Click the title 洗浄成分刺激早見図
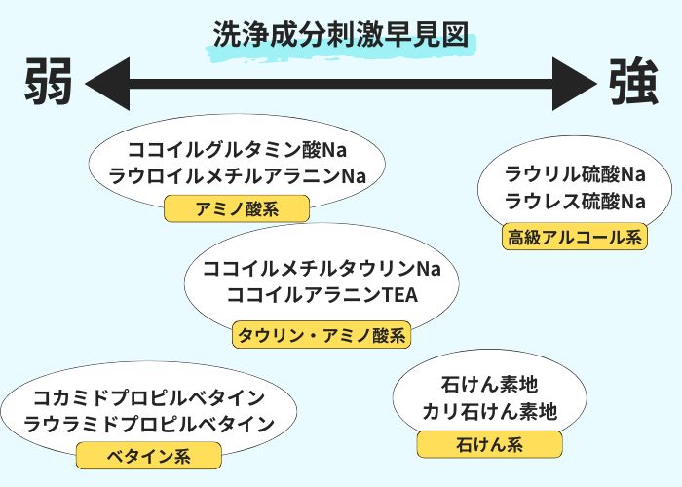(x=340, y=33)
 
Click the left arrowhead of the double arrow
(x=107, y=82)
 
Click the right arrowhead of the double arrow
(x=573, y=82)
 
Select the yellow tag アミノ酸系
(x=237, y=208)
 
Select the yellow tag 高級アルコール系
(x=575, y=236)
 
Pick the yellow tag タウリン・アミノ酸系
(x=321, y=336)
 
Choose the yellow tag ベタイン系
(x=149, y=456)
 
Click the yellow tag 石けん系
(x=489, y=445)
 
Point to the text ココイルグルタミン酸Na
(x=237, y=151)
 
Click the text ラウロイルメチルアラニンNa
(x=237, y=176)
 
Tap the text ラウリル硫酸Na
(x=575, y=175)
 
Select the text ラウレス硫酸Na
(x=575, y=202)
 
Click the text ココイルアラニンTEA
(x=322, y=294)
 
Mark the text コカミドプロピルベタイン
(x=149, y=397)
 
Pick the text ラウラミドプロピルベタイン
(x=149, y=424)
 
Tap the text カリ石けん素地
(x=489, y=411)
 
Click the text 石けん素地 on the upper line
(x=489, y=385)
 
